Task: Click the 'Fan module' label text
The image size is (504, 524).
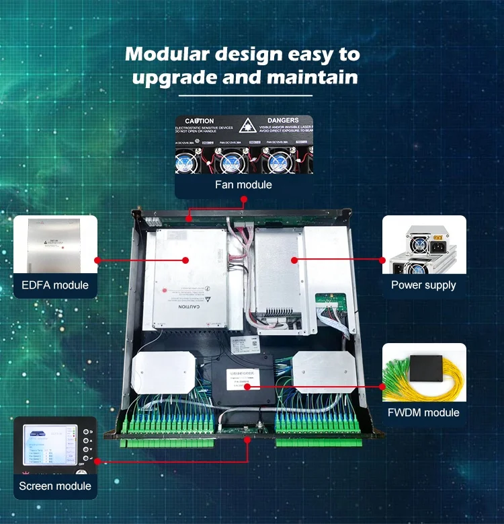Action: (x=243, y=184)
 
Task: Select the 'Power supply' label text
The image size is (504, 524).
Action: (x=423, y=285)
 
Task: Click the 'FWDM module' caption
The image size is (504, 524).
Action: (x=423, y=412)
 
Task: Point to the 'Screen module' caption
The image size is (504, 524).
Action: (x=55, y=486)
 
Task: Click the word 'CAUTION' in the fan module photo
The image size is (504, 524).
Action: (x=200, y=121)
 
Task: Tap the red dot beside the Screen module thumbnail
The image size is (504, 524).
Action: (x=98, y=461)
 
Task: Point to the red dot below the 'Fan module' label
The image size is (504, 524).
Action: (x=243, y=200)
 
